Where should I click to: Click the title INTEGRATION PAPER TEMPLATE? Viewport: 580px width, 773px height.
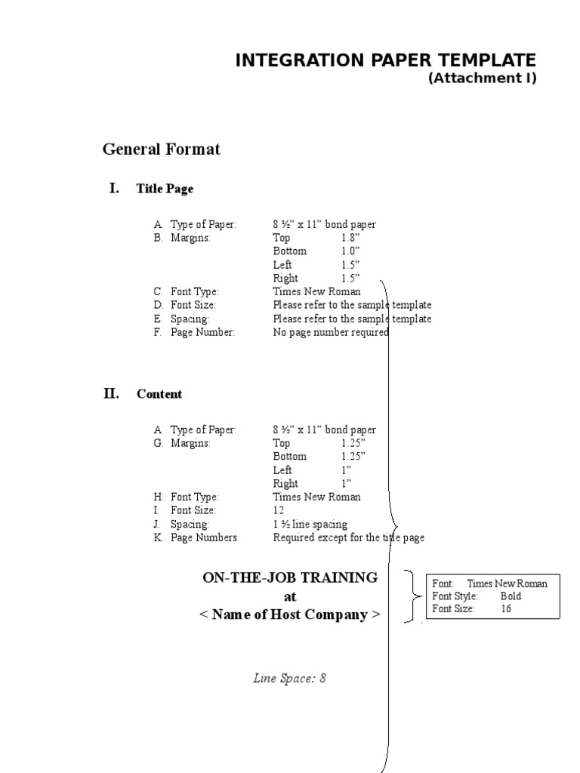pos(385,60)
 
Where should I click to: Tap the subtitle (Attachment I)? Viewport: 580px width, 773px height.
pos(482,79)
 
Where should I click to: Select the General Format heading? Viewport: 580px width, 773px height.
pos(161,149)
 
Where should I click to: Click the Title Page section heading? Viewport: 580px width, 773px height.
pos(165,189)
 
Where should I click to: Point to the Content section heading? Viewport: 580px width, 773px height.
pos(159,394)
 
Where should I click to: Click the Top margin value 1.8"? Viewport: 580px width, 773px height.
pos(350,238)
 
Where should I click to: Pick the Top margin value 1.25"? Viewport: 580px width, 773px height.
pos(353,443)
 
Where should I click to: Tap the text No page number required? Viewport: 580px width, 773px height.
pos(331,332)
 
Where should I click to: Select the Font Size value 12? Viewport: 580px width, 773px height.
pos(279,510)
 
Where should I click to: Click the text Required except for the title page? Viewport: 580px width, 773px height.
pos(348,537)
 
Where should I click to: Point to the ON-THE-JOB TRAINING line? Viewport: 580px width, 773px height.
pos(290,578)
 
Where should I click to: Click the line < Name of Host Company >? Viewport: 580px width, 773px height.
pos(290,614)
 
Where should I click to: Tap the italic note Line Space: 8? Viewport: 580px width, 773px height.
pos(289,678)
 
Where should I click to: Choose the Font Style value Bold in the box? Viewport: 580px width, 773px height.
pos(511,596)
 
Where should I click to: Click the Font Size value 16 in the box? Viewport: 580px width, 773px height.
pos(506,608)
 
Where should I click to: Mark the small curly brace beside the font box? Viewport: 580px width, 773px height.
pos(412,596)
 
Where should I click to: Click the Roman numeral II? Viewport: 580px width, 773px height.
pos(111,393)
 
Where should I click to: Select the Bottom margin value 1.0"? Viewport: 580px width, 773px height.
pos(350,251)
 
